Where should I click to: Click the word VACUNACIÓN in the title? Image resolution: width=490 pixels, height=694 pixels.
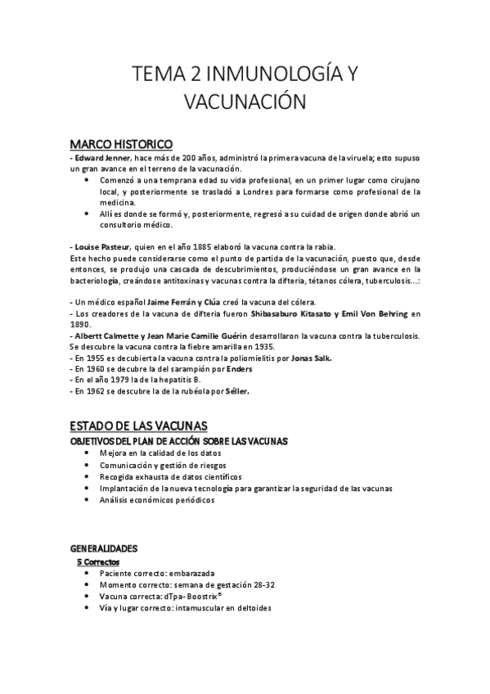245,103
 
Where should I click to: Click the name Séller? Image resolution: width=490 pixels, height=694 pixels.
234,391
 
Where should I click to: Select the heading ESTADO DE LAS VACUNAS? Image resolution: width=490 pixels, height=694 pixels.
139,426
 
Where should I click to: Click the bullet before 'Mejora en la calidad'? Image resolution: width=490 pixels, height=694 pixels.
87,453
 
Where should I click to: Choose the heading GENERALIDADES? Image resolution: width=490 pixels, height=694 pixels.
104,548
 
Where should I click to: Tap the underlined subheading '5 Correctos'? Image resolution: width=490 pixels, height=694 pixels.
97,562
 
